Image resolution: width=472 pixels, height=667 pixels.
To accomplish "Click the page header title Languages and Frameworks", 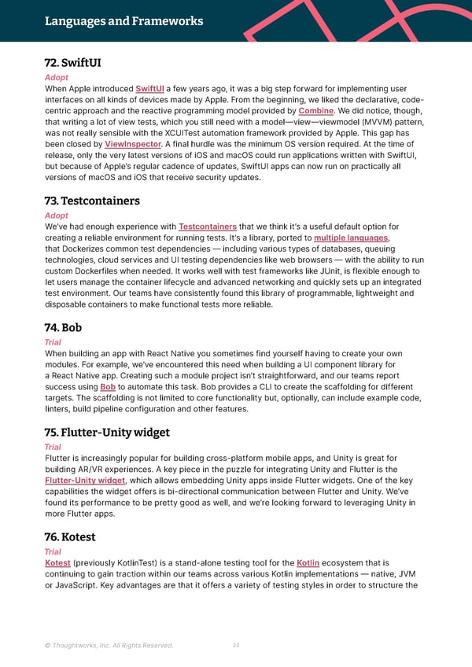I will (124, 21).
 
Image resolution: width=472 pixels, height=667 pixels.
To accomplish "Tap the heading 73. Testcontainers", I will (93, 201).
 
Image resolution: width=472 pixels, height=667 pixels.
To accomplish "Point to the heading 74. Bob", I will (64, 327).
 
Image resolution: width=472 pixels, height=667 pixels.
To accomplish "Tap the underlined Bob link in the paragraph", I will (109, 387).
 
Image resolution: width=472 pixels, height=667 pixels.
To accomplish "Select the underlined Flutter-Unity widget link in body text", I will (85, 481).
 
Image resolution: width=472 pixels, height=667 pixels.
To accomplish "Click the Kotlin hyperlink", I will (308, 562).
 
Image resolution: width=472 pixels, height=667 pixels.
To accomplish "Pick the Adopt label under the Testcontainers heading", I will (57, 216).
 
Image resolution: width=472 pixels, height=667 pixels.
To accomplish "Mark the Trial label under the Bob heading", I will (53, 342).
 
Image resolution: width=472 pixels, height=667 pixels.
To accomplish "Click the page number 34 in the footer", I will (236, 646).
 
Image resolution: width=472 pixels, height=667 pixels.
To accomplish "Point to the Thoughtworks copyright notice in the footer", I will (109, 646).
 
